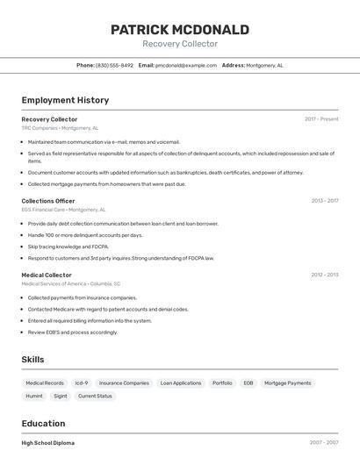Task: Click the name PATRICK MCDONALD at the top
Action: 180,30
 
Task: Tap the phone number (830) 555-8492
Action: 114,65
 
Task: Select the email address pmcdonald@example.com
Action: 186,65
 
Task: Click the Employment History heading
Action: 65,100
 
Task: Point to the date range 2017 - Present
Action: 321,119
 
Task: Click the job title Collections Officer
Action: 48,201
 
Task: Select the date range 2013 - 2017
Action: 324,201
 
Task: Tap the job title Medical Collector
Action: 47,275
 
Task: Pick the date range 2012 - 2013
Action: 324,275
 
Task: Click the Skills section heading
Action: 32,360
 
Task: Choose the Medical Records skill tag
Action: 45,383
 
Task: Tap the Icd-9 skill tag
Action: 82,383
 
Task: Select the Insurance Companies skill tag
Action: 124,383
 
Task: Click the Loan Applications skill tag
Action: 181,383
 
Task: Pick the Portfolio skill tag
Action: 222,383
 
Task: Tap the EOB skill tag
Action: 248,383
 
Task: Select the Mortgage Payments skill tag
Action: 288,383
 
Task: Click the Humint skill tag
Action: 34,397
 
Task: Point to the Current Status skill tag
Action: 95,397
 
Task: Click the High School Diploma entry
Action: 48,443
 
